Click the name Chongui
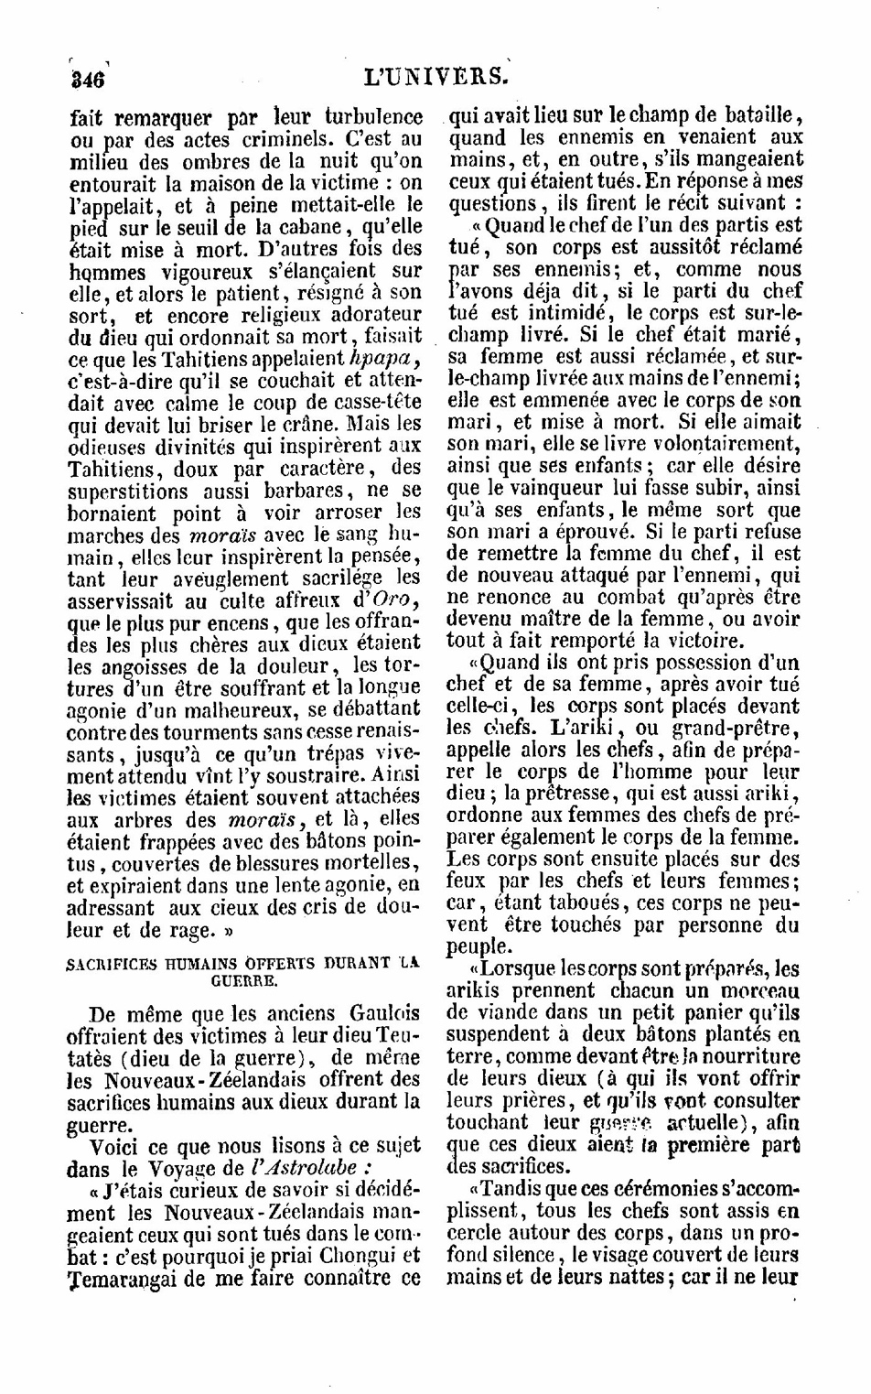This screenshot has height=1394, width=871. click(x=364, y=1255)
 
